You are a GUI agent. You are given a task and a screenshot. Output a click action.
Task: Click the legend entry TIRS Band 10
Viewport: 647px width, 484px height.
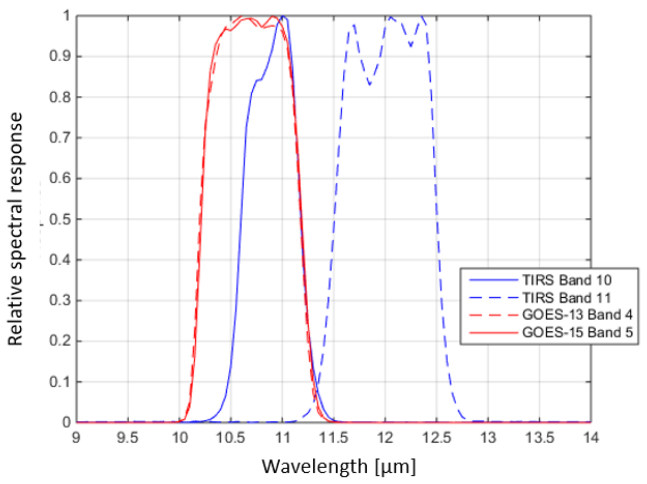566,280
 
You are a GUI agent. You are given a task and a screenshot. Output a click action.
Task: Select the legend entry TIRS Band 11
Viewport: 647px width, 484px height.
566,298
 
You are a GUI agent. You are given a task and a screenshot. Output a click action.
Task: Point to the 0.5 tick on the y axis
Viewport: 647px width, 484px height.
60,219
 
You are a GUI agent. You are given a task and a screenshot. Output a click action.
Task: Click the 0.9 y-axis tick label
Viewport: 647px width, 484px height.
60,56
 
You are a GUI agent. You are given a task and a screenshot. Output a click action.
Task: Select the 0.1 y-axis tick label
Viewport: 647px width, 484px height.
60,382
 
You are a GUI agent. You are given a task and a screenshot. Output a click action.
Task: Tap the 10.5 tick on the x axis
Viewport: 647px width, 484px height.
230,438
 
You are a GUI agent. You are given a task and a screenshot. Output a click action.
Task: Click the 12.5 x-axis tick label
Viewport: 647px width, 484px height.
436,438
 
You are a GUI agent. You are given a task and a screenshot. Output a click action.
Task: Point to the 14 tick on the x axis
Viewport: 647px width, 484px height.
591,438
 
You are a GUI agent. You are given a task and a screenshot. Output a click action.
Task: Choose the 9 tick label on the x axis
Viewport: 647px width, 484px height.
76,438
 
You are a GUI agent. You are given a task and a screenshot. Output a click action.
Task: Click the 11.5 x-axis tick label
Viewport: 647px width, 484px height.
333,438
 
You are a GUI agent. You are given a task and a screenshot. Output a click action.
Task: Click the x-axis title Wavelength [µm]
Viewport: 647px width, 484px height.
338,466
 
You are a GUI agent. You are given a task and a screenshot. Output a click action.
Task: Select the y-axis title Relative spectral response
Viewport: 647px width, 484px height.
15,229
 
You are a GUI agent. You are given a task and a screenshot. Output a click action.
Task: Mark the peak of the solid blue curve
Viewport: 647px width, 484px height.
283,16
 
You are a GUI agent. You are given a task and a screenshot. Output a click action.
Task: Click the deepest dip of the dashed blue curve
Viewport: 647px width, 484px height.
370,85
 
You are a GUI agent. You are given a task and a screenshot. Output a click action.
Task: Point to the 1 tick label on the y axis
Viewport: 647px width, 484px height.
67,16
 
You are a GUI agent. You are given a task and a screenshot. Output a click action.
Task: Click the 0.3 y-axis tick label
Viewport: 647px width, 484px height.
60,301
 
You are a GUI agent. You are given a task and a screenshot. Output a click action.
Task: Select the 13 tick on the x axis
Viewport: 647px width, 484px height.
488,438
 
